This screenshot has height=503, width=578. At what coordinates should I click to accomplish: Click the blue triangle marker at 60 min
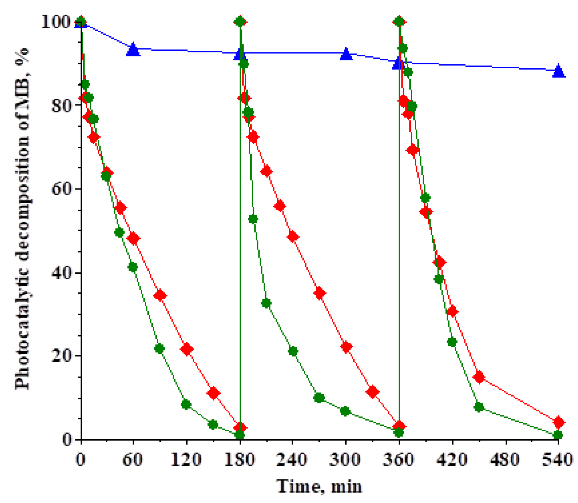tap(133, 50)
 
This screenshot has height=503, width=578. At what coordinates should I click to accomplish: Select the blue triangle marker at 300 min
tap(346, 54)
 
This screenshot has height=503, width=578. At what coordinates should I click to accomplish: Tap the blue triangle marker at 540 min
tap(559, 71)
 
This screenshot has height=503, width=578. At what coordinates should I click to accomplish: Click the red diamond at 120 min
tap(187, 349)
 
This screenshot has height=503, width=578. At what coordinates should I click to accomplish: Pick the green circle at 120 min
tap(186, 404)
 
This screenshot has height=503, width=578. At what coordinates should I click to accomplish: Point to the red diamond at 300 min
tap(346, 347)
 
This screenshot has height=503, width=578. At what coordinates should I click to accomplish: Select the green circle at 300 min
tap(346, 411)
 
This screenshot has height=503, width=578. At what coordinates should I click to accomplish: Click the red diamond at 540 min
tap(559, 422)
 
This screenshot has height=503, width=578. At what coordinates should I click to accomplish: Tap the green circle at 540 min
tap(558, 435)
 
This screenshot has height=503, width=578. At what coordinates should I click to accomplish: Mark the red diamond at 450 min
tap(479, 377)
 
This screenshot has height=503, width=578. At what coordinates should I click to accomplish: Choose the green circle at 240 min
tap(293, 351)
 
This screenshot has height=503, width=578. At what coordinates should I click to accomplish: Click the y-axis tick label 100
tap(56, 23)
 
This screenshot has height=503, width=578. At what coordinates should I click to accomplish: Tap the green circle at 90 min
tap(159, 349)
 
